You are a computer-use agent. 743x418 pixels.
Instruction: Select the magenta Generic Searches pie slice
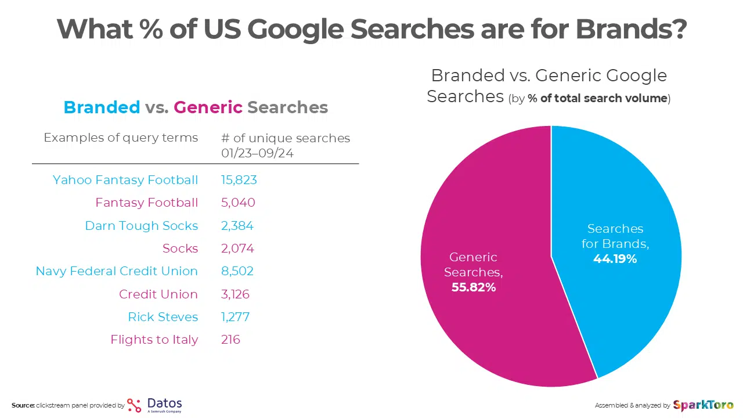pyautogui.click(x=493, y=325)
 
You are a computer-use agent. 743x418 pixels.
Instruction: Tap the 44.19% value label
pyautogui.click(x=615, y=259)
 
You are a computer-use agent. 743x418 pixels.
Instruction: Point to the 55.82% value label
pyautogui.click(x=474, y=287)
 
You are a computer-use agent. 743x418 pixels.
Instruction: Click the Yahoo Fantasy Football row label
pyautogui.click(x=125, y=180)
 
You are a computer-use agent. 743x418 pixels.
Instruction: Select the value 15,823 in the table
pyautogui.click(x=239, y=180)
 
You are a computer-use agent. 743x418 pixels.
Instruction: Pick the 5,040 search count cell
pyautogui.click(x=237, y=203)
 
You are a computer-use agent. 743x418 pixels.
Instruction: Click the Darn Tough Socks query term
pyautogui.click(x=141, y=226)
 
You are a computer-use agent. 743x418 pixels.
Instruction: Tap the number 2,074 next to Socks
pyautogui.click(x=237, y=248)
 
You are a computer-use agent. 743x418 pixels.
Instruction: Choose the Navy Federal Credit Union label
pyautogui.click(x=117, y=271)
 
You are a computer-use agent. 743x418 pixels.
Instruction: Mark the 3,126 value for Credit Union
pyautogui.click(x=235, y=294)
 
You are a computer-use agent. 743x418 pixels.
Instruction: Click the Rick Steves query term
pyautogui.click(x=163, y=317)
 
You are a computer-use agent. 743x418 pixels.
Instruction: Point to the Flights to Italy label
pyautogui.click(x=154, y=340)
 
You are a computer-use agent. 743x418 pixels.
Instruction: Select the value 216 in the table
pyautogui.click(x=230, y=340)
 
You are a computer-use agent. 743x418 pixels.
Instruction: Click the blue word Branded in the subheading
pyautogui.click(x=102, y=107)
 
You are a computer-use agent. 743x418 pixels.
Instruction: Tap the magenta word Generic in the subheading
pyautogui.click(x=208, y=107)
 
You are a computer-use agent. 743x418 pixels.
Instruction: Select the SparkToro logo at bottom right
pyautogui.click(x=703, y=405)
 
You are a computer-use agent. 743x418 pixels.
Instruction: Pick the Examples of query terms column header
pyautogui.click(x=121, y=138)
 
